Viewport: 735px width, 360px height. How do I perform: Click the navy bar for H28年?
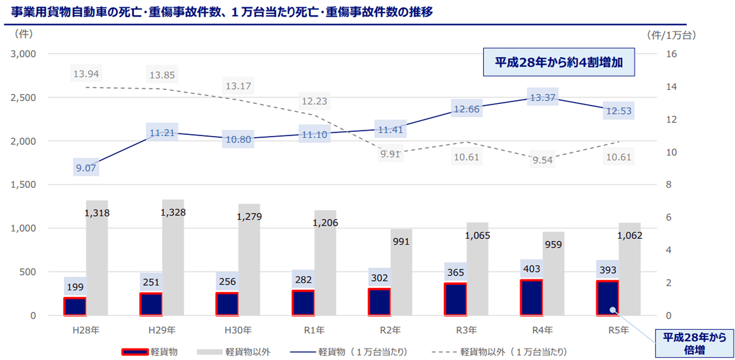point(75,306)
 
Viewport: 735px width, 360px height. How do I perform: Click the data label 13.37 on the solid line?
point(542,97)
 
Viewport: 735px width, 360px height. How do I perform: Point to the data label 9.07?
point(86,168)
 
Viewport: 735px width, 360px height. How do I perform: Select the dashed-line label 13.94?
point(86,74)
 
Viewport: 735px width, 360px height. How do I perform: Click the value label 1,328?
point(173,212)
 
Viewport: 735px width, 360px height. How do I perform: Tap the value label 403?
point(531,269)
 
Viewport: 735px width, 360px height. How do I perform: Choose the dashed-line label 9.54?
point(542,160)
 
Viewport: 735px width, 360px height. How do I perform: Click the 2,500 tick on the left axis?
point(23,98)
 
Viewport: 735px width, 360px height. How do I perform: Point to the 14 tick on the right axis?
point(671,87)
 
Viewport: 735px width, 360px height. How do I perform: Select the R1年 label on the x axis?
point(314,330)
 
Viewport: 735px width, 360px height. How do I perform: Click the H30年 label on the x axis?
point(238,330)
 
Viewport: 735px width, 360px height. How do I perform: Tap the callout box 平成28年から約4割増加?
point(559,62)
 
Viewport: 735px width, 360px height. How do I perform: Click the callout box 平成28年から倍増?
point(694,343)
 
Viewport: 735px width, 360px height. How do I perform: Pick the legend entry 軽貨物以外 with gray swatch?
point(234,352)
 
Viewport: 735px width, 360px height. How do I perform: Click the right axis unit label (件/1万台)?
point(671,35)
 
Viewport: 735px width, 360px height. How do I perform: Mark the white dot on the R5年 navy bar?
point(613,310)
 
